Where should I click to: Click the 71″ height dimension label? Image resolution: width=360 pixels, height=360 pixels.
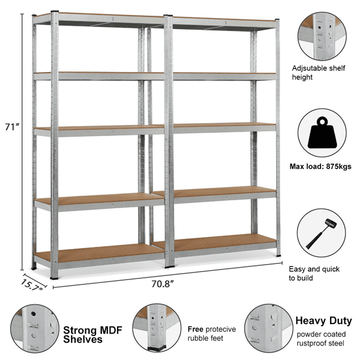[12, 127]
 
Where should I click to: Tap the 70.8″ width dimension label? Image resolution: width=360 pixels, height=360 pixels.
[163, 284]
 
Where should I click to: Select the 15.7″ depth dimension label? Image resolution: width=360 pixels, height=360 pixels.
[31, 285]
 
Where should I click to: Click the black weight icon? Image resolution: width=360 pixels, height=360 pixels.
[322, 133]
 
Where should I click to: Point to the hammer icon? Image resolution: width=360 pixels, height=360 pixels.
[321, 234]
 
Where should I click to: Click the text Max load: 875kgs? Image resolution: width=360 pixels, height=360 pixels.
[320, 166]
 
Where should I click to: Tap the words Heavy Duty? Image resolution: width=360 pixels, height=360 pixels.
[323, 321]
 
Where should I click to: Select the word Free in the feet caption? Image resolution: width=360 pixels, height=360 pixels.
[196, 329]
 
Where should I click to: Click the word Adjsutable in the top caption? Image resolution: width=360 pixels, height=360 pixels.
[309, 68]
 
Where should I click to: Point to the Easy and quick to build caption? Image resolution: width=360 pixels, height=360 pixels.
[314, 274]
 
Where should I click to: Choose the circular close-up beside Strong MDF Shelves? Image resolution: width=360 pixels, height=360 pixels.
[35, 329]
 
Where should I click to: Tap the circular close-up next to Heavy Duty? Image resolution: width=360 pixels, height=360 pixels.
[268, 329]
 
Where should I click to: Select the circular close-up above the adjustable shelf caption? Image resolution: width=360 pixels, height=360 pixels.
[322, 36]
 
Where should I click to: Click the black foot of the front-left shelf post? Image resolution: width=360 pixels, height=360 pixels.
[54, 278]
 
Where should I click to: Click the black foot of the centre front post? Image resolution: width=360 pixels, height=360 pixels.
[169, 267]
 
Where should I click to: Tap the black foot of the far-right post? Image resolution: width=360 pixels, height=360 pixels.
[278, 256]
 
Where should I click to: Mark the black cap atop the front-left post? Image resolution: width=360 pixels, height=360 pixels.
[55, 11]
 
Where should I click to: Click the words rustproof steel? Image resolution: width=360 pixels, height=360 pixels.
[320, 343]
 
